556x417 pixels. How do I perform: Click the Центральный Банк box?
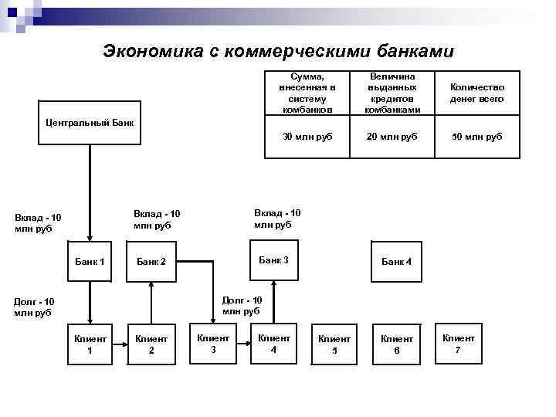pos(90,122)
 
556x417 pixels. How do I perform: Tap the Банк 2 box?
pos(151,262)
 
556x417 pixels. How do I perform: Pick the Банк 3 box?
pos(273,261)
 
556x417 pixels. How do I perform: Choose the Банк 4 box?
pos(397,262)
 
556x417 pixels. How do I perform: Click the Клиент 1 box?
pos(90,344)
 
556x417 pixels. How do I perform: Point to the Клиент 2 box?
pos(151,344)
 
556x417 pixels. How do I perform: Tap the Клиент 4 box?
pos(273,344)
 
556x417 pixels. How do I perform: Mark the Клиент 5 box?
pos(334,344)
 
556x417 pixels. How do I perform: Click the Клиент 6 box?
pos(397,344)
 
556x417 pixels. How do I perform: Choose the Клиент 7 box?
pos(459,344)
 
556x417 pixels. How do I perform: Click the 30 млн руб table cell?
pos(307,137)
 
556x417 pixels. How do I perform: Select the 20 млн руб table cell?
pos(392,137)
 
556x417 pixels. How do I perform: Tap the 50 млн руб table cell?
pos(477,137)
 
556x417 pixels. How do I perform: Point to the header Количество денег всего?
pos(477,93)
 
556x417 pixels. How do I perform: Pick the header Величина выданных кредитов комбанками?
pos(392,93)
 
